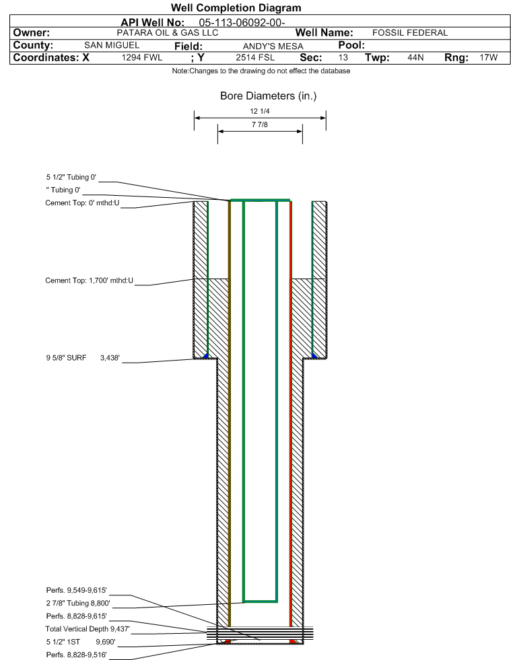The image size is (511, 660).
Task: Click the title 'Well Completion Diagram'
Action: [x=236, y=8]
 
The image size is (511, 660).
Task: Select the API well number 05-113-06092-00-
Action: [x=242, y=22]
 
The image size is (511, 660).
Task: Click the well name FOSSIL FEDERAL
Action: [x=410, y=32]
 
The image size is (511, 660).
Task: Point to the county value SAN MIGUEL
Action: [x=111, y=45]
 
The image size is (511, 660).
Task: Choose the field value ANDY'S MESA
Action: [x=266, y=46]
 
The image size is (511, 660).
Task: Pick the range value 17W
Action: [x=488, y=58]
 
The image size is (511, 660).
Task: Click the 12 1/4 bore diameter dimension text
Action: [x=260, y=112]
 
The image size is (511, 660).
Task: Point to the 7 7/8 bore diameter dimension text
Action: [x=260, y=125]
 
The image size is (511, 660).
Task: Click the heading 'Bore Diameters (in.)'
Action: [x=268, y=96]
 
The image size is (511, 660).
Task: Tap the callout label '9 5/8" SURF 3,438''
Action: [x=79, y=359]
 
